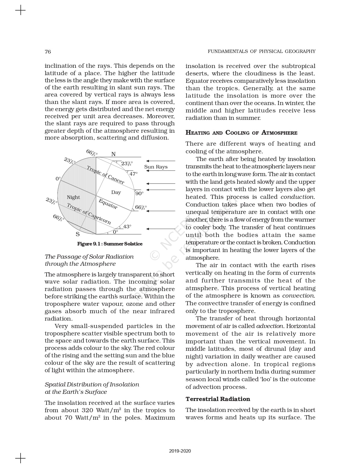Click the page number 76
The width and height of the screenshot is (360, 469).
[48, 52]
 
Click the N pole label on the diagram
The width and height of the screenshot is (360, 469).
[113, 154]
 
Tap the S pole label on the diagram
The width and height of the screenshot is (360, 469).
[78, 234]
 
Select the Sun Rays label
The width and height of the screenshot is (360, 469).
[156, 167]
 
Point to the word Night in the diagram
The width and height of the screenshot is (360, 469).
[73, 197]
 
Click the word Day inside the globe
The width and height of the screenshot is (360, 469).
[116, 192]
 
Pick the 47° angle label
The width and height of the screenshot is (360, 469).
[134, 174]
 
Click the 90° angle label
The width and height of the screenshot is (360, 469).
[139, 193]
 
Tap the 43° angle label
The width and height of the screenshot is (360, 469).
[127, 227]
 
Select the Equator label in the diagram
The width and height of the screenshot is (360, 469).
[108, 204]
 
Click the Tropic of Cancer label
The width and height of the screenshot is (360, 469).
[106, 175]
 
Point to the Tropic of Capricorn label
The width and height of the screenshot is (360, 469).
[89, 214]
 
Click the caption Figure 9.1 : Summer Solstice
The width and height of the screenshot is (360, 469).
[110, 244]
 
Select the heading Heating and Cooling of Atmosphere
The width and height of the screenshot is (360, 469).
[241, 133]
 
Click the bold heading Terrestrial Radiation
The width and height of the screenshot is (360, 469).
[218, 399]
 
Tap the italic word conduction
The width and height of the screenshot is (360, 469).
[297, 197]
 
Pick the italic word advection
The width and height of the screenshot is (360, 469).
[270, 326]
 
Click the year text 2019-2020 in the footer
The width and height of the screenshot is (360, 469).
[180, 451]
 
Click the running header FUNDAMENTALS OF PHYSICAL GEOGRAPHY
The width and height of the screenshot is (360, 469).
[261, 51]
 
